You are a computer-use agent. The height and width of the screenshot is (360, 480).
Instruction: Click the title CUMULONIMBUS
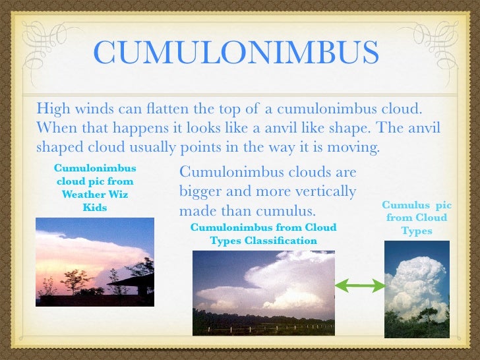(235, 53)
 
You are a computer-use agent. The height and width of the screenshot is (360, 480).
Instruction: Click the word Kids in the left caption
(94, 207)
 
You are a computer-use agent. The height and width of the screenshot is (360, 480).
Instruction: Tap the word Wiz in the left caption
(118, 194)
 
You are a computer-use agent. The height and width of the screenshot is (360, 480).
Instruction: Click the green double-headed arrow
(360, 285)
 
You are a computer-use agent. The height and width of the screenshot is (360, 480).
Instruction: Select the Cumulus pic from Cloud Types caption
(416, 218)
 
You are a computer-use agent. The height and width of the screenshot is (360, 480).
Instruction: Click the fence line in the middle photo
(264, 324)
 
